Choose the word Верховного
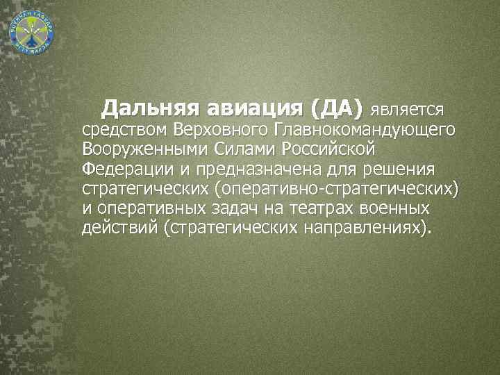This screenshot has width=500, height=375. coord(221,129)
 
